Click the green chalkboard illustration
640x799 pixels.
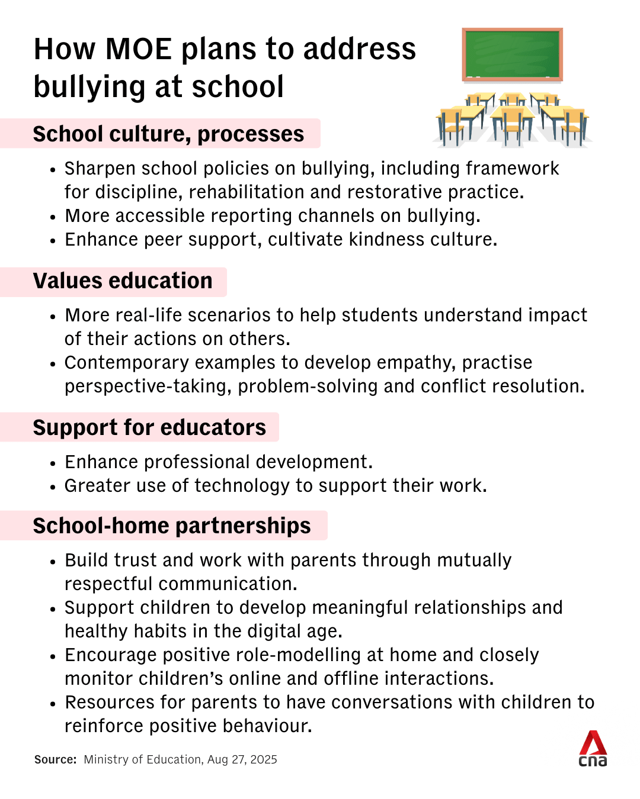[512, 54]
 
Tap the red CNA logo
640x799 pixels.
[593, 748]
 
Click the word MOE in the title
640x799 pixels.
[138, 49]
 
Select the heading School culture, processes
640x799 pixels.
[168, 134]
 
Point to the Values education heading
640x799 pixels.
[123, 281]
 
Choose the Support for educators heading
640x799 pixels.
[149, 428]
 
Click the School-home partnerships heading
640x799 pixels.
[172, 526]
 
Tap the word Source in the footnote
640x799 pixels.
[55, 760]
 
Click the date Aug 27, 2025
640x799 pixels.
[242, 760]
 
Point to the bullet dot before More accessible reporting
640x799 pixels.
[53, 217]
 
